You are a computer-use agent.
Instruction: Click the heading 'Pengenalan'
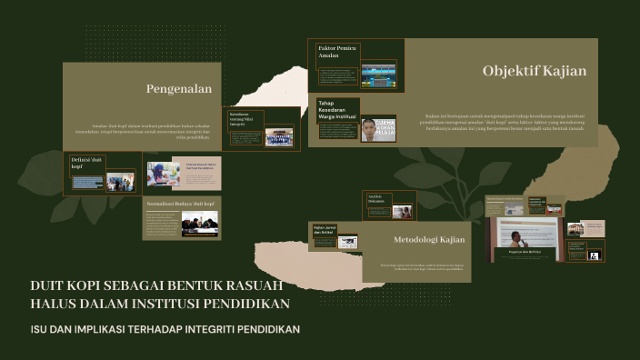coord(178,89)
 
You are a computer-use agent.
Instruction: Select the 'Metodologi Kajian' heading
coord(429,240)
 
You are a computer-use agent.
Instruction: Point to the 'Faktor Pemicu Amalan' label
coord(329,51)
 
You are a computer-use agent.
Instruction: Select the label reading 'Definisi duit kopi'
coord(85,163)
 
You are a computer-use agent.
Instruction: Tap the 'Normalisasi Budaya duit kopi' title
coord(180,205)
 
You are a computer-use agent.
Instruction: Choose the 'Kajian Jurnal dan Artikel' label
coord(323,230)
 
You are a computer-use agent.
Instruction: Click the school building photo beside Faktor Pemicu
coord(378,75)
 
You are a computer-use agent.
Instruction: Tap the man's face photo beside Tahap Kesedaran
coord(378,130)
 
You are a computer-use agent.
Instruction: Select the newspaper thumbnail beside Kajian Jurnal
coord(347,242)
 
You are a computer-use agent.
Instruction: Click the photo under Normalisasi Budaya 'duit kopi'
coord(199,224)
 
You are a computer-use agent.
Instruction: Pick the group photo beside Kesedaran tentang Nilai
coord(278,136)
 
